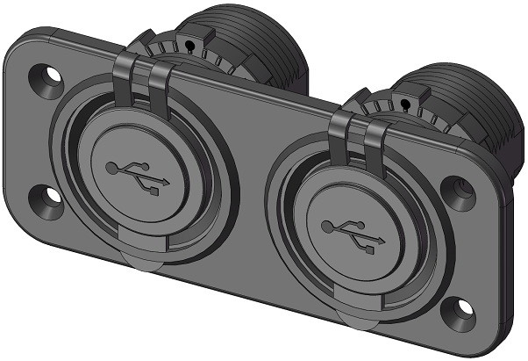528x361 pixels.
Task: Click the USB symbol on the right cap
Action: tap(352, 232)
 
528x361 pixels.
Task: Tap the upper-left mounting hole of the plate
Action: tap(45, 78)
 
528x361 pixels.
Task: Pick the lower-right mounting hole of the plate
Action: tap(455, 308)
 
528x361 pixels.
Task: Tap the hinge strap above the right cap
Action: tap(361, 138)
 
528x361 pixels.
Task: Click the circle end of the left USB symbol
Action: tap(111, 167)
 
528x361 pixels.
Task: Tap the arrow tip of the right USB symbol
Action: tap(382, 241)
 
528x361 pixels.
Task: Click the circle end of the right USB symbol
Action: tap(325, 227)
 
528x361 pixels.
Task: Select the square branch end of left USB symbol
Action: tap(154, 190)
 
